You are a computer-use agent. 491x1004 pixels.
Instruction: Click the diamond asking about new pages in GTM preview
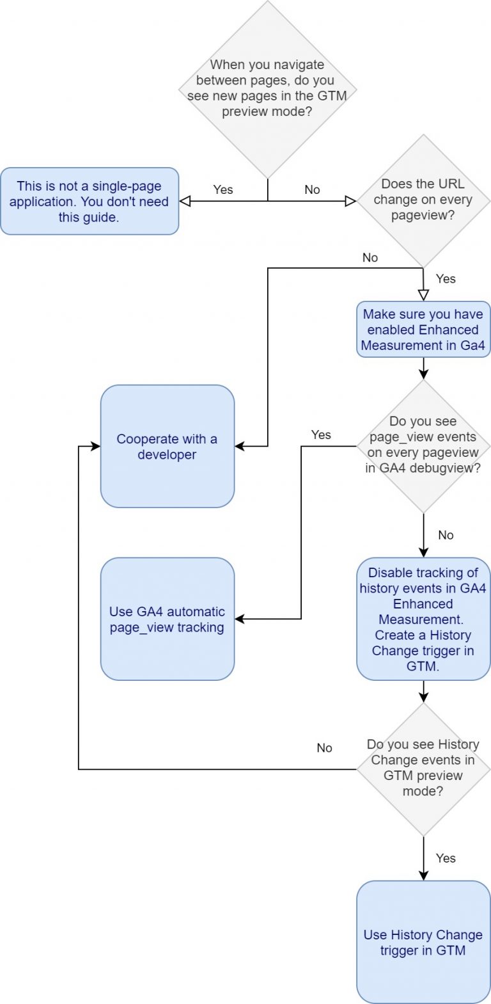pos(267,89)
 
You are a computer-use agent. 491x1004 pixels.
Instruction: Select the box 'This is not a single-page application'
pos(90,202)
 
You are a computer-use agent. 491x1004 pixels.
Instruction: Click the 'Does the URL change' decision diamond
pos(423,200)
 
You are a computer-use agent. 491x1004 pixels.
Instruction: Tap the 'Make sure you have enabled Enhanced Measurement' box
pos(423,330)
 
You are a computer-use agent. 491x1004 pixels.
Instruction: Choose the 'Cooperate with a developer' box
pos(167,447)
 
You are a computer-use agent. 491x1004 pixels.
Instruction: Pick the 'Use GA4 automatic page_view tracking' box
pos(167,619)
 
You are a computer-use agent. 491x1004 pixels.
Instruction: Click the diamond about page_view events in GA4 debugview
pos(423,445)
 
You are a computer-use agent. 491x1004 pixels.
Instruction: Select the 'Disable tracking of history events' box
pos(423,619)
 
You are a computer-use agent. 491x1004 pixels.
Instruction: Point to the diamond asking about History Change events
pos(423,768)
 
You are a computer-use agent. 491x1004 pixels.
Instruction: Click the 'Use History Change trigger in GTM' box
pos(423,942)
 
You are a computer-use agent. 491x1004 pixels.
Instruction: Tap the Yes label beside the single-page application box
pos(223,189)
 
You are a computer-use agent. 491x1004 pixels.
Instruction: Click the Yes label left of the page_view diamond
pos(321,434)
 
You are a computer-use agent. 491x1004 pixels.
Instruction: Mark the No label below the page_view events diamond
pos(446,535)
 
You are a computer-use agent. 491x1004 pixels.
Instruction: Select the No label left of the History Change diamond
pos(324,747)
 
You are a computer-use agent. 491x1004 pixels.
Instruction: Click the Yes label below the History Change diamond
pos(446,858)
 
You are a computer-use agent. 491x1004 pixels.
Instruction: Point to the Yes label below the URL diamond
pos(446,278)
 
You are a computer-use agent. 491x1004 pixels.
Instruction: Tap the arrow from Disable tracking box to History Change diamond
pos(423,691)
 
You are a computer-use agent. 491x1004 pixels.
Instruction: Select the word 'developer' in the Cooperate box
pos(167,455)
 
